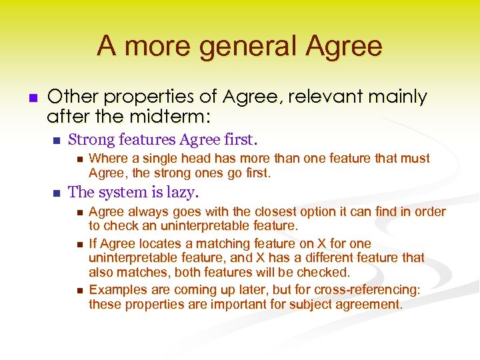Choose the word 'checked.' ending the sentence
(327, 272)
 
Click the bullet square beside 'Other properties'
(31, 98)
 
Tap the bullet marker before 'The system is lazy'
(56, 193)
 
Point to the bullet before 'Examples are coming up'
(77, 290)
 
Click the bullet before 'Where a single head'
(77, 159)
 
